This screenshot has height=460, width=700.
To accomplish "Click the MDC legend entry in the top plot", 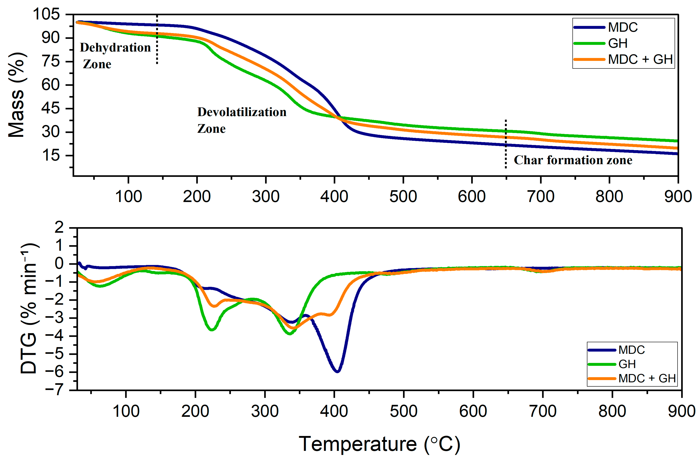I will click(x=622, y=27).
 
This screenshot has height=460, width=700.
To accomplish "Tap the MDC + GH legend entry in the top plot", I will click(x=640, y=59).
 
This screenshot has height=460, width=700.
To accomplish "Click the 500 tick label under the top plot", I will click(x=403, y=196).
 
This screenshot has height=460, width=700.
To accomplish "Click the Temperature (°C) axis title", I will click(x=379, y=444).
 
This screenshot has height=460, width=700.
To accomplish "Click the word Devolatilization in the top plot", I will click(x=242, y=112).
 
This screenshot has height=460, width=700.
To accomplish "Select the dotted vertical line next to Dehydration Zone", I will click(x=157, y=40).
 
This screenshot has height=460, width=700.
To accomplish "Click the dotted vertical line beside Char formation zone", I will click(x=506, y=144).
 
